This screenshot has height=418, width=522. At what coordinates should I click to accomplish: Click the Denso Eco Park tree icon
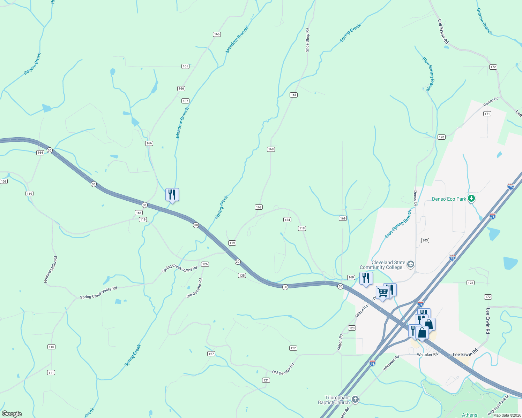[x=471, y=199]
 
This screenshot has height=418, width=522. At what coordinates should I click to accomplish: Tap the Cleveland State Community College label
[x=383, y=265]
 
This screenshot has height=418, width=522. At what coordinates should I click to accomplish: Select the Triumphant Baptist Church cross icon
[x=355, y=400]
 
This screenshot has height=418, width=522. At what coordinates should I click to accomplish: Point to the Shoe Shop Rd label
[x=307, y=40]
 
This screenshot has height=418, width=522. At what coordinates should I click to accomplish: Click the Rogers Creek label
[x=32, y=64]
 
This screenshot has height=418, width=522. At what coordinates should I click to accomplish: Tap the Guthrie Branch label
[x=484, y=22]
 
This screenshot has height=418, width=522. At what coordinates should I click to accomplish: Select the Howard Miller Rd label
[x=51, y=270]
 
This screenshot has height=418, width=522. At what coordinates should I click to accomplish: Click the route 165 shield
[x=185, y=66]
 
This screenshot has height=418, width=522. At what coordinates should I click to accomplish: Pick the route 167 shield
[x=185, y=101]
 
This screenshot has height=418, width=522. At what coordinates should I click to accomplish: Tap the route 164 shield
[x=40, y=153]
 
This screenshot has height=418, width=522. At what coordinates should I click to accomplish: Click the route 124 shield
[x=287, y=219]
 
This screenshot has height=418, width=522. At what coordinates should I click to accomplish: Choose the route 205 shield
[x=425, y=240]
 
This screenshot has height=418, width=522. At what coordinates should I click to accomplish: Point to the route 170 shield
[x=441, y=137]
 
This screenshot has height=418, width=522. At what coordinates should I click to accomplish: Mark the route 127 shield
[x=211, y=354]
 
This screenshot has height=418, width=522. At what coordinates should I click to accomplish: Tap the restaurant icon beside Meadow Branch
[x=172, y=194]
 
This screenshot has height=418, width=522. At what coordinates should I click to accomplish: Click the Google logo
[x=12, y=414]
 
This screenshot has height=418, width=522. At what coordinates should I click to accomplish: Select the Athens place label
[x=469, y=415]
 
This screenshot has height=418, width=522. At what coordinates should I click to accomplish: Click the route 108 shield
[x=4, y=181]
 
